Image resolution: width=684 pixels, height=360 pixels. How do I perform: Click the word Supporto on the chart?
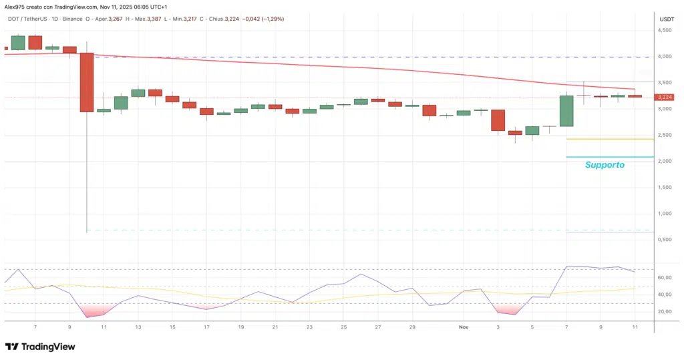pos(605,164)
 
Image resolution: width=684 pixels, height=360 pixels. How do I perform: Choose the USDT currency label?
pos(666,20)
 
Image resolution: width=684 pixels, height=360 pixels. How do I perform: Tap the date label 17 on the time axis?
pos(206,327)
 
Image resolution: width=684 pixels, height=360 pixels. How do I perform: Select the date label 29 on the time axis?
pos(412,327)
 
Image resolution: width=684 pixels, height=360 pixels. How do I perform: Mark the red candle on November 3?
pos(498,120)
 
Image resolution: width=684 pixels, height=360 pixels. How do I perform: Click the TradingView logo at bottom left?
pos(40,347)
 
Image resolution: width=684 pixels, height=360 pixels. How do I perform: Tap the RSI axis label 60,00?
pos(664,277)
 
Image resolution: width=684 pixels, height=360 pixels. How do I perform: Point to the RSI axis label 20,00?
pos(664,312)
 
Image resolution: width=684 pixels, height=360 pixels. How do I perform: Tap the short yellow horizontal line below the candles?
pos(609,139)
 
